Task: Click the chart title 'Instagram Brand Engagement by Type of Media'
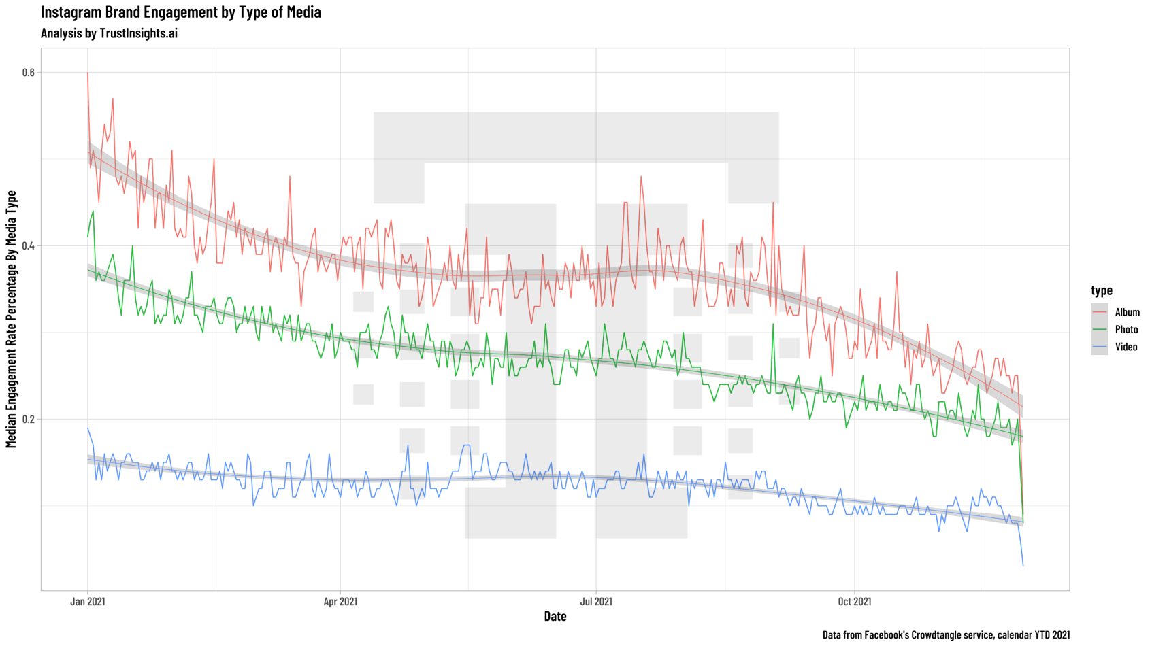[181, 12]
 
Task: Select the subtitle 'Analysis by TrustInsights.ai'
[109, 33]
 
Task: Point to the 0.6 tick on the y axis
[28, 73]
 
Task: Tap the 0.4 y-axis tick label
[28, 246]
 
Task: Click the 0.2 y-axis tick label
[28, 419]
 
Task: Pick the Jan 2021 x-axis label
[88, 601]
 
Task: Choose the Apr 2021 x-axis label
[340, 601]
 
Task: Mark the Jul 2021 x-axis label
[596, 601]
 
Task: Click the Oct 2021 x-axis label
[854, 601]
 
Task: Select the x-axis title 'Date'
[555, 616]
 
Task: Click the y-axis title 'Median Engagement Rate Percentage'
[11, 320]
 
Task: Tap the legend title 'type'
[1102, 290]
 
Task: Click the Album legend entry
[1127, 312]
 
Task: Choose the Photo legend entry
[1126, 330]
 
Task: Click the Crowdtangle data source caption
[946, 635]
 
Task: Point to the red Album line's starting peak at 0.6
[88, 73]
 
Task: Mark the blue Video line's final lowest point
[1023, 565]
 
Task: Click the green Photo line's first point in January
[88, 236]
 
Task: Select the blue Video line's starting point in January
[88, 428]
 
